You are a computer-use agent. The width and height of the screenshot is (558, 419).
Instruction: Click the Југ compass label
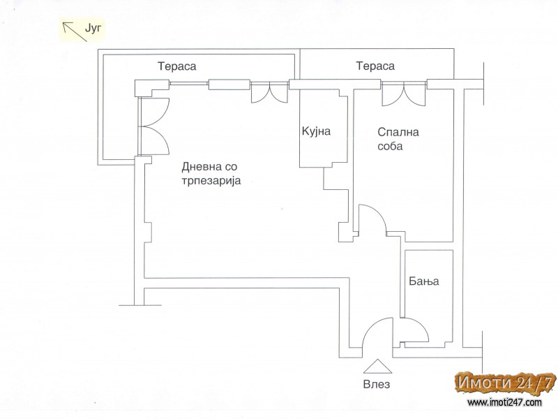[93, 28]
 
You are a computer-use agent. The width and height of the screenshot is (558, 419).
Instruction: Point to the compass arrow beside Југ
[75, 31]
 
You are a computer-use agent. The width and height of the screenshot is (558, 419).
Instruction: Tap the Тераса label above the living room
[177, 66]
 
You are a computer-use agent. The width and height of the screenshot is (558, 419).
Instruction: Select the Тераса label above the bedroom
[375, 66]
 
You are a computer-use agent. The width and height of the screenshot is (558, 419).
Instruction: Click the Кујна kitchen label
[316, 131]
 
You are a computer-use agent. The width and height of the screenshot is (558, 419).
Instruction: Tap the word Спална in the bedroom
[398, 132]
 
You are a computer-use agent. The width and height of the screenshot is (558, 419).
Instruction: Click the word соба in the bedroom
[390, 146]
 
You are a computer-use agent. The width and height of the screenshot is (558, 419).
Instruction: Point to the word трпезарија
[211, 181]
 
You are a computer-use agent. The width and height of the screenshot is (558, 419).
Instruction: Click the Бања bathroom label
[423, 281]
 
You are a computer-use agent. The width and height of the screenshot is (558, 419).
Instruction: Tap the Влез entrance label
[377, 385]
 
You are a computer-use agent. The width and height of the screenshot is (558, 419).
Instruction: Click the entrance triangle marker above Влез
[377, 367]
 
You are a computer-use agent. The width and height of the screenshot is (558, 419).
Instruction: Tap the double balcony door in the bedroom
[404, 94]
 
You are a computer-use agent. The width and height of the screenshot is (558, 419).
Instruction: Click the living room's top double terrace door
[269, 93]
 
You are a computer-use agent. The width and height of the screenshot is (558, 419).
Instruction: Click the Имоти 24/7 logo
[505, 383]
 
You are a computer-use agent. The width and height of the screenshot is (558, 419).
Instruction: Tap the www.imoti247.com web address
[504, 403]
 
